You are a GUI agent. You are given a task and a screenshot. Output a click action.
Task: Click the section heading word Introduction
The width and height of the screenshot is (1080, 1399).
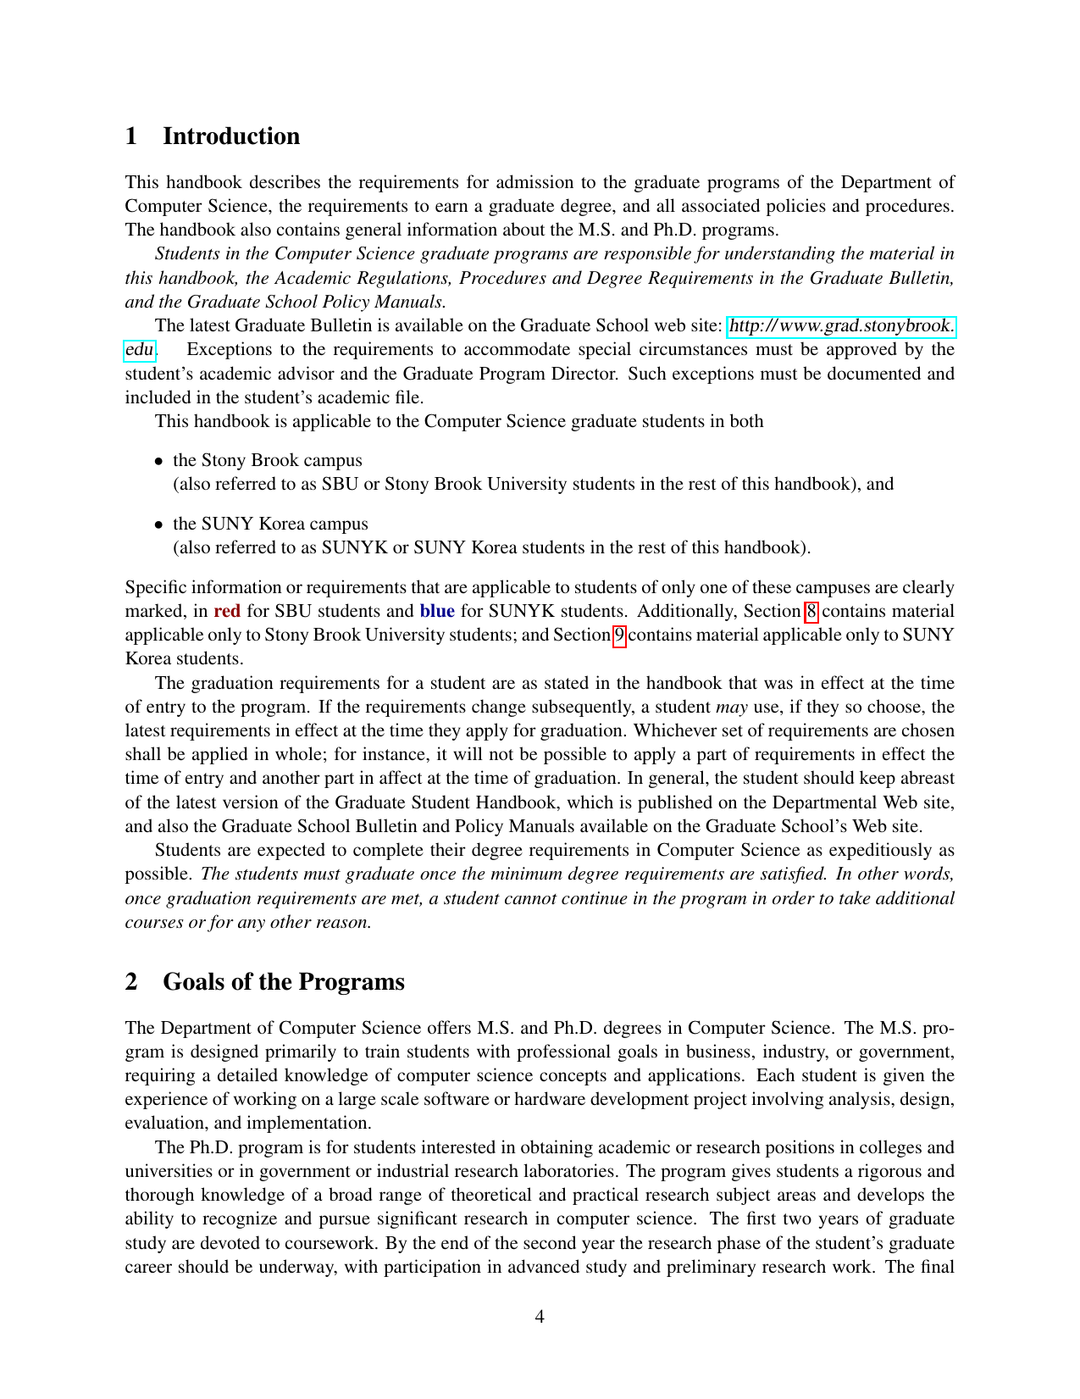[x=231, y=136]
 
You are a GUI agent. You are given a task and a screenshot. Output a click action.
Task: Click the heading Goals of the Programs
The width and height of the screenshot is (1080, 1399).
[x=284, y=981]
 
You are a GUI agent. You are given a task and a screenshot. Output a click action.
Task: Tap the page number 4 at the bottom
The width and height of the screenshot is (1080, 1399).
[x=540, y=1317]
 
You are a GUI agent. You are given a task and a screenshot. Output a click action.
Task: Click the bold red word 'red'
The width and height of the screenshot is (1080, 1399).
[x=227, y=611]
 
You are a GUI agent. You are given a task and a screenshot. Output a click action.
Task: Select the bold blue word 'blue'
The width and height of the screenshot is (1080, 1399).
[x=437, y=611]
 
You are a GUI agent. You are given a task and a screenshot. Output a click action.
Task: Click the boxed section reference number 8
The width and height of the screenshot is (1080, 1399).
[x=811, y=611]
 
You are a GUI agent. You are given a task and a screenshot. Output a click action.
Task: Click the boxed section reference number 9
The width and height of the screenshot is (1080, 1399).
[x=619, y=635]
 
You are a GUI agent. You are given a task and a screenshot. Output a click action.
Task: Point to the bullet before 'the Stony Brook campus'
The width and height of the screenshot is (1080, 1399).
[x=158, y=461]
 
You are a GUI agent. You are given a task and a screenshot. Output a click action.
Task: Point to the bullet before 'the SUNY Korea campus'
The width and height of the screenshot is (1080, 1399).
[x=158, y=525]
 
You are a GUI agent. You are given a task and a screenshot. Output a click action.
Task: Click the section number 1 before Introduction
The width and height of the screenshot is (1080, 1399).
[x=131, y=136]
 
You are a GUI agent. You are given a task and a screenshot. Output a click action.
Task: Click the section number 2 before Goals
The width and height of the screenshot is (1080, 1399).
[x=131, y=981]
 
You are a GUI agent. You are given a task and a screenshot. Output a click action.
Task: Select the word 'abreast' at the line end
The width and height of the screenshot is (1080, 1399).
[x=925, y=778]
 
